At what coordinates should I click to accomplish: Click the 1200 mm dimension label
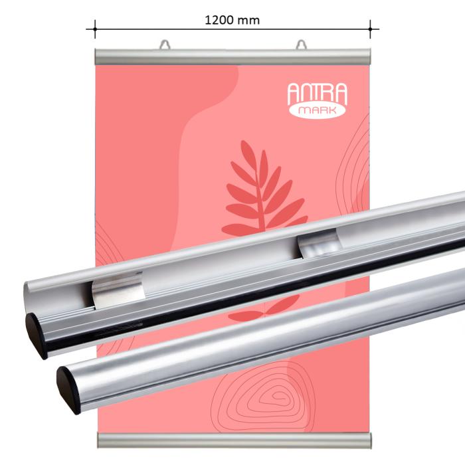pyautogui.click(x=232, y=20)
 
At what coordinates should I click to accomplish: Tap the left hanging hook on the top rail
pyautogui.click(x=165, y=45)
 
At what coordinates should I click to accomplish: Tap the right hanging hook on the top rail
pyautogui.click(x=302, y=45)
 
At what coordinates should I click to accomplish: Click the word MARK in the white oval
pyautogui.click(x=317, y=110)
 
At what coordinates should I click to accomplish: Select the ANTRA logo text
pyautogui.click(x=317, y=94)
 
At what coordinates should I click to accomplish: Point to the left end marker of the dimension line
pyautogui.click(x=95, y=29)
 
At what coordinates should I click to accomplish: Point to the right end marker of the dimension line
pyautogui.click(x=370, y=29)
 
